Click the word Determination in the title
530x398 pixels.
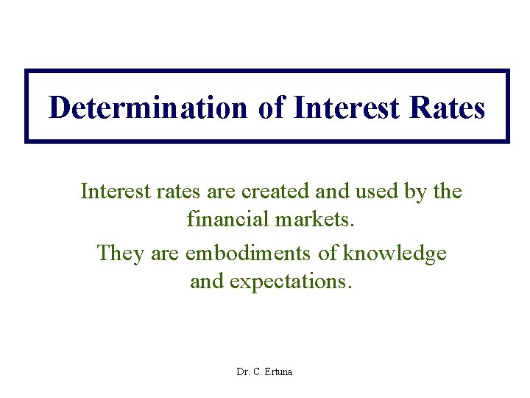(148, 108)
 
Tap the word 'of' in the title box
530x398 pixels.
(271, 108)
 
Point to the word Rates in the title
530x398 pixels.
(448, 108)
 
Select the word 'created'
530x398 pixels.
(273, 192)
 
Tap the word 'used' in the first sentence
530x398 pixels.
(377, 192)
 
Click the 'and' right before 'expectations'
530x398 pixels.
(207, 282)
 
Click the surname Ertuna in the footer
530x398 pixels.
(277, 371)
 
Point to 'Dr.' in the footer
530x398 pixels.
(243, 371)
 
